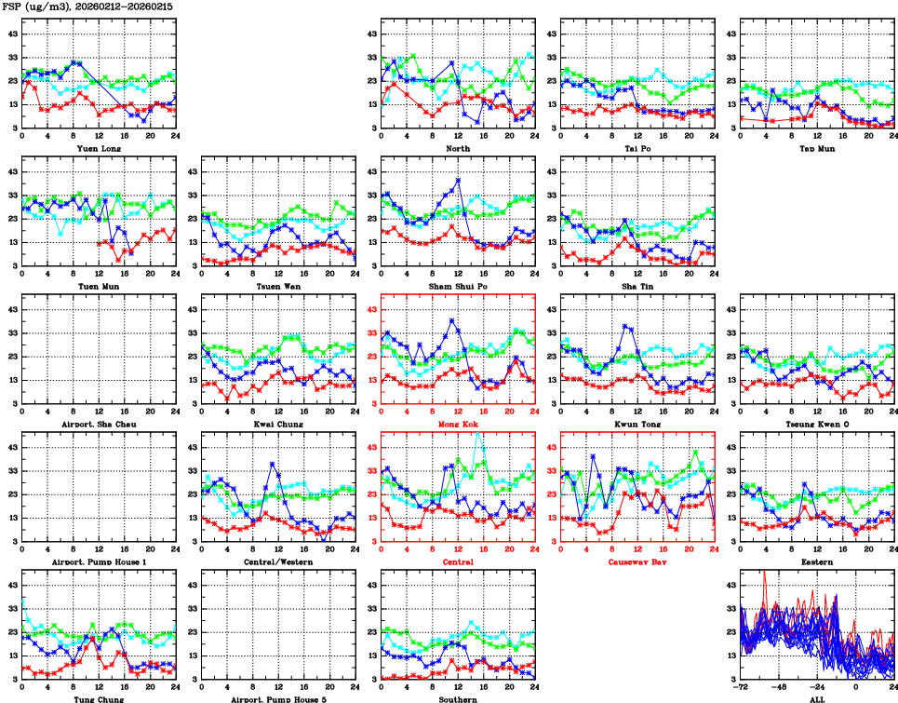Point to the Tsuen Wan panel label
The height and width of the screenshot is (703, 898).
click(277, 286)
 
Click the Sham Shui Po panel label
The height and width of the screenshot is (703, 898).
click(458, 286)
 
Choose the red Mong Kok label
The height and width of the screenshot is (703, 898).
click(458, 424)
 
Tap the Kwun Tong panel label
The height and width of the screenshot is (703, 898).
click(637, 424)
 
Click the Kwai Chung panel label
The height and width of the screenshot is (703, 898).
click(277, 424)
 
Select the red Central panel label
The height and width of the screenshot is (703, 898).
click(458, 561)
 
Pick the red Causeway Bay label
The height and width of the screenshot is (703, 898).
click(637, 561)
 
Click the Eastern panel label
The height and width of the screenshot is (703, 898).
click(817, 561)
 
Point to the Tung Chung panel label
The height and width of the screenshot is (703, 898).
click(98, 698)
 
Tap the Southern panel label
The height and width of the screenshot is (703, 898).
click(458, 698)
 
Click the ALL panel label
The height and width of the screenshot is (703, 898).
click(817, 698)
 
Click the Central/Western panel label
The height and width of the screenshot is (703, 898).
click(277, 561)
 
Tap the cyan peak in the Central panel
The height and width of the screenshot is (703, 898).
click(477, 433)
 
